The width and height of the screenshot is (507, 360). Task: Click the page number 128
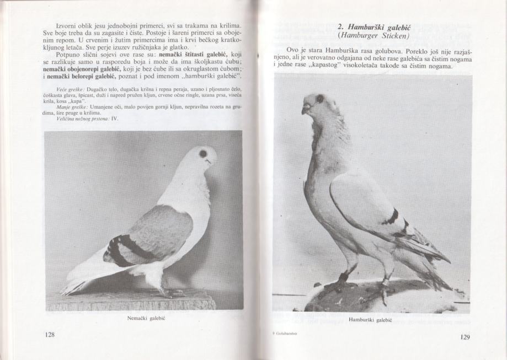[50, 335]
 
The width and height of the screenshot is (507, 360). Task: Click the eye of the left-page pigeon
[203, 153]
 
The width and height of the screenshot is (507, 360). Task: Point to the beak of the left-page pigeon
[211, 162]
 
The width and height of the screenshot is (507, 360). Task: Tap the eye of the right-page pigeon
[319, 99]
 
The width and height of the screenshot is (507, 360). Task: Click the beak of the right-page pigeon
[305, 109]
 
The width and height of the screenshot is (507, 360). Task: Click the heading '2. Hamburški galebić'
[373, 26]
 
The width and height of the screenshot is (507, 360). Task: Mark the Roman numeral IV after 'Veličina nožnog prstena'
[115, 118]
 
